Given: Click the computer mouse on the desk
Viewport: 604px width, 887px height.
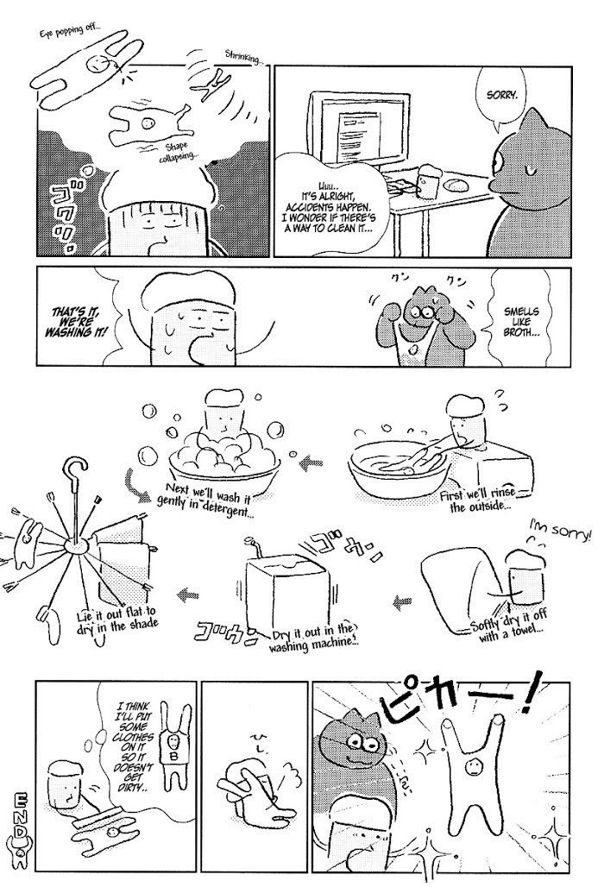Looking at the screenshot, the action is [456, 185].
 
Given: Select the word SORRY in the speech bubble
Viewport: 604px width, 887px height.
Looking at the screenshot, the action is [501, 95].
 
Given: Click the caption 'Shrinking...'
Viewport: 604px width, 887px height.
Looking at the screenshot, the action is [244, 57].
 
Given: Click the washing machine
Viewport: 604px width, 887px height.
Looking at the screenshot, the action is [287, 586].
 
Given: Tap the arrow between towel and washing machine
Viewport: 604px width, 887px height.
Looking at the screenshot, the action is [402, 604].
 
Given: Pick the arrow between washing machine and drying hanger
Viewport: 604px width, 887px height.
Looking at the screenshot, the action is [188, 594].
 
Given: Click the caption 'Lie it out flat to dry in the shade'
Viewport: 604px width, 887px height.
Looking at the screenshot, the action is [117, 617].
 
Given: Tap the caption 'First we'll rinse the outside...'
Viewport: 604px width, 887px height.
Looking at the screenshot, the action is [479, 500].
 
